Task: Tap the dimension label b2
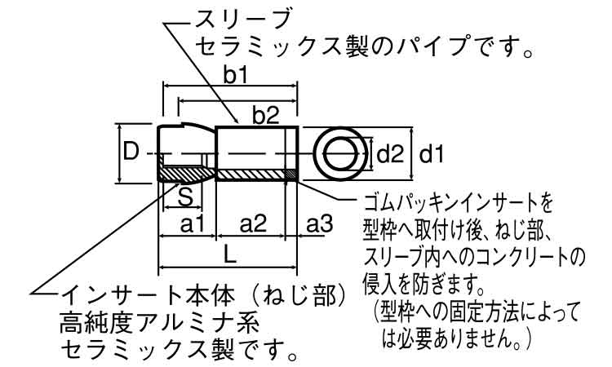click(265, 116)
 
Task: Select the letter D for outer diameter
click(131, 152)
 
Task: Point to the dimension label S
click(185, 197)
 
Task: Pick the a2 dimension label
click(253, 224)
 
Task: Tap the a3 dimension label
click(318, 224)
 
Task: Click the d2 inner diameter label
click(390, 155)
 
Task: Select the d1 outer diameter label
click(432, 155)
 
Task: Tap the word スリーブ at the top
click(243, 19)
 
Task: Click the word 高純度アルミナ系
click(159, 323)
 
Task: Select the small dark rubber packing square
click(290, 175)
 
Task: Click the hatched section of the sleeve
click(251, 175)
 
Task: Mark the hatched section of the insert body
click(187, 175)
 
